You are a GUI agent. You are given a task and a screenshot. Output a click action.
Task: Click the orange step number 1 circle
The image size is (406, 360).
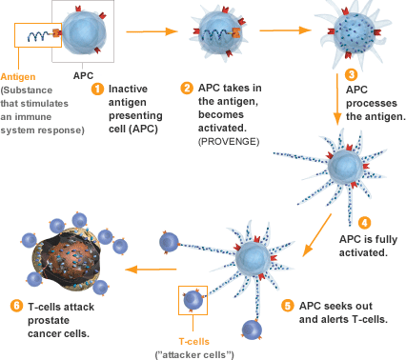96,89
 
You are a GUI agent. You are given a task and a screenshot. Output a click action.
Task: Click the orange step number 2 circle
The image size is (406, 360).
188,89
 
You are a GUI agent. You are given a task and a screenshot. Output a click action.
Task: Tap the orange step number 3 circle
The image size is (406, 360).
351,73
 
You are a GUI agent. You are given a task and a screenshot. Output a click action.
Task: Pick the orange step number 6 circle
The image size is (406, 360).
13,306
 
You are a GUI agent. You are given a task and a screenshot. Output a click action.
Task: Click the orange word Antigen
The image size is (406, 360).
20,77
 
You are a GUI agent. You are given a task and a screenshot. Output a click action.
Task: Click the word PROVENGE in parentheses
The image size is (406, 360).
226,142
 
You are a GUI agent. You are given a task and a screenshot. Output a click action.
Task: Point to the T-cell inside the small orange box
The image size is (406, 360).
193,299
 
